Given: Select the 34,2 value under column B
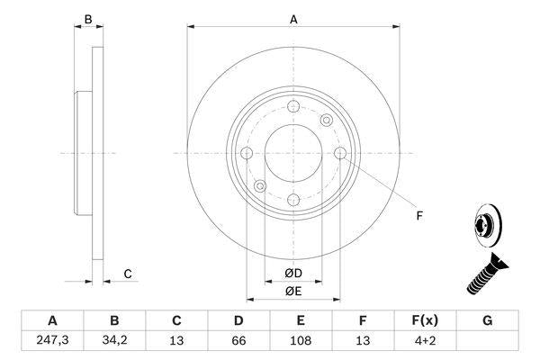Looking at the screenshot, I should point(114,341).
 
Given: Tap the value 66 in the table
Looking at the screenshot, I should point(239,341).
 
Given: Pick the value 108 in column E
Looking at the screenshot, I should point(301,341).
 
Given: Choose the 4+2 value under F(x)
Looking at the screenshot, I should point(426,341).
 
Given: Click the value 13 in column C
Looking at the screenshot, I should point(176,341).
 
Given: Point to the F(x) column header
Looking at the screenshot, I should point(426,320).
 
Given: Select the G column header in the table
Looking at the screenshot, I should point(488,320).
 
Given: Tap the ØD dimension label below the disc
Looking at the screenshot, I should point(293,274).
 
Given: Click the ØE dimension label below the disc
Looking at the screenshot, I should point(293,291).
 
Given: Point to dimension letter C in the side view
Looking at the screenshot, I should point(128,274).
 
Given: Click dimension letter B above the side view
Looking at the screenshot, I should point(87,19).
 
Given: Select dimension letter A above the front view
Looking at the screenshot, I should point(293,19).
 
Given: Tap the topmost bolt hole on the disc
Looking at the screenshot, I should point(293,106).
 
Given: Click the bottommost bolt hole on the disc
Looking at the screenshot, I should point(293,199).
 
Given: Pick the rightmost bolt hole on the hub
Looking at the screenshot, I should point(339,153).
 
